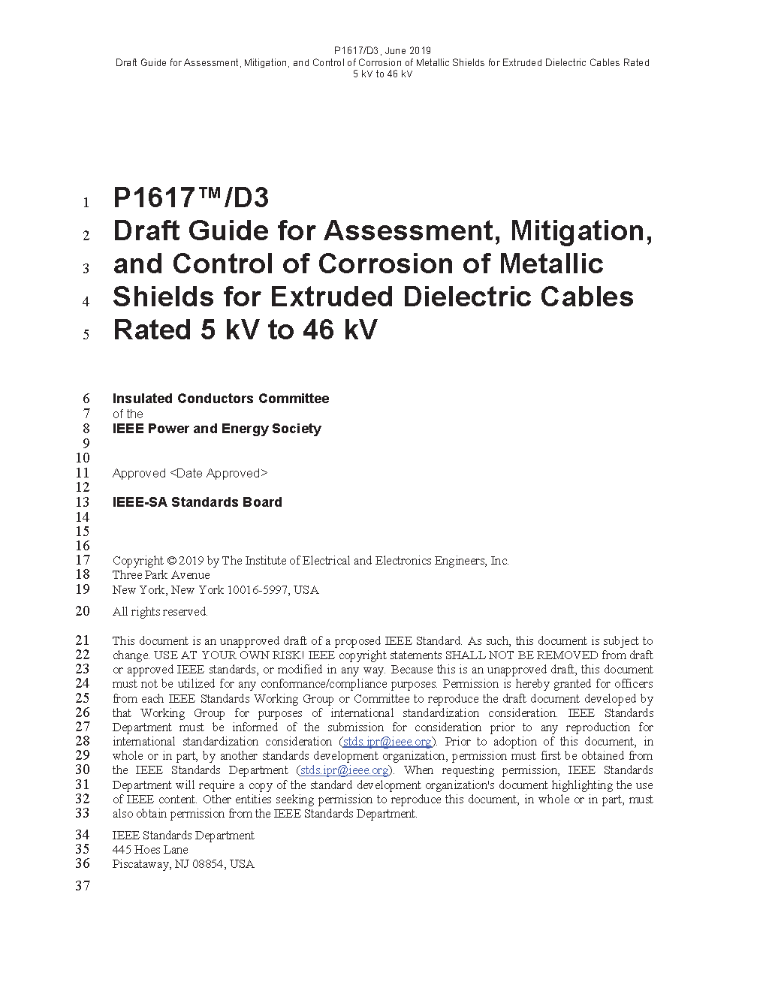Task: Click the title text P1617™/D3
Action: [191, 199]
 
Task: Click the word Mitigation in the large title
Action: [581, 231]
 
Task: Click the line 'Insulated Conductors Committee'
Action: [220, 399]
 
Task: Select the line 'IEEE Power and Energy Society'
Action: [216, 429]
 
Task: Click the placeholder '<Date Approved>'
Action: [219, 473]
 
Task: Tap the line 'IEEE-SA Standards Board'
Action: [197, 502]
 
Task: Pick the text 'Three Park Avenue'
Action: [161, 575]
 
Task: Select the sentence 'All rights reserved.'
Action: [160, 612]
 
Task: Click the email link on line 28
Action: [387, 742]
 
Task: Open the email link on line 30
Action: [344, 770]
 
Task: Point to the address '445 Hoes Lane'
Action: [150, 850]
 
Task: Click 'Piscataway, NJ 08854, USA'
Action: [183, 864]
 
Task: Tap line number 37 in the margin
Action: [83, 886]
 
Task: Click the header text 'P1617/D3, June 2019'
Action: [382, 51]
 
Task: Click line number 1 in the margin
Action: [86, 203]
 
